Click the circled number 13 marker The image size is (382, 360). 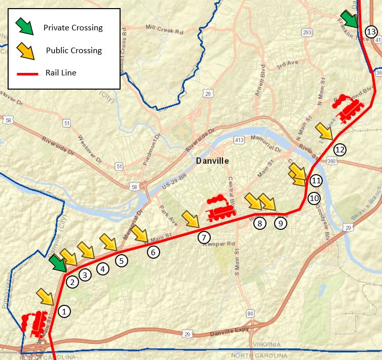[371, 32]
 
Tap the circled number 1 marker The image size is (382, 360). [64, 311]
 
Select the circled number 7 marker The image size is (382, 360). [203, 237]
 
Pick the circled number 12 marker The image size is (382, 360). [339, 149]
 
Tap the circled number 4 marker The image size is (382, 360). [103, 269]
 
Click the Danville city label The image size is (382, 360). [212, 161]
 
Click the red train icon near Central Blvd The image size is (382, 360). [221, 207]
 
